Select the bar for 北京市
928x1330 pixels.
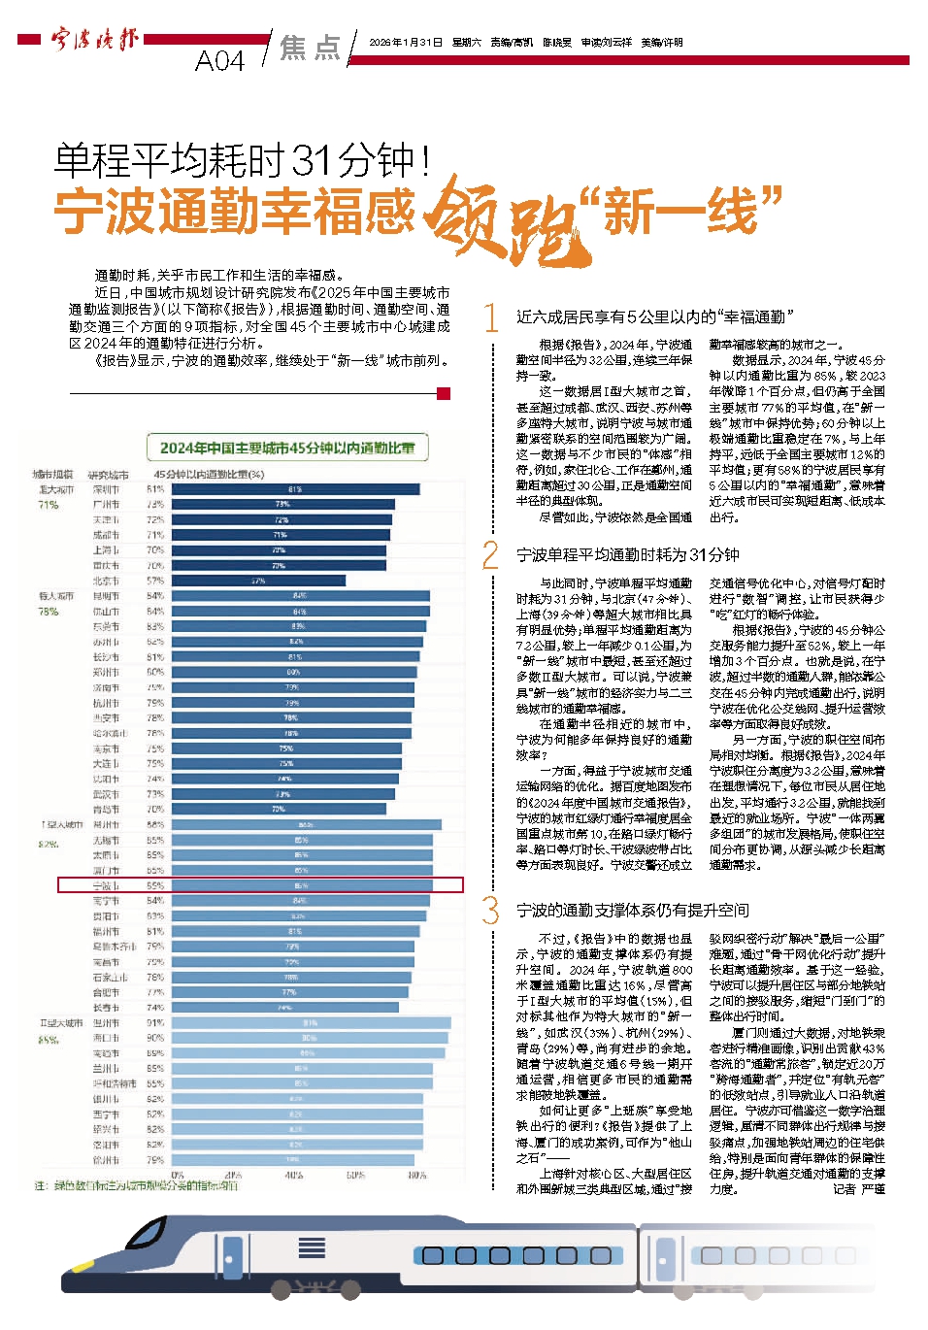257,581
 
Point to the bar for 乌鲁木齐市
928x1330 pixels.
292,947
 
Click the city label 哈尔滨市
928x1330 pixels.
109,733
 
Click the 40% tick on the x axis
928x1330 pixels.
294,1175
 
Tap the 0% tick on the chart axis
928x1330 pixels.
178,1175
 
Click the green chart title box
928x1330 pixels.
287,448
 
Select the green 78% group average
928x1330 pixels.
48,612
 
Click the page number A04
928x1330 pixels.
219,61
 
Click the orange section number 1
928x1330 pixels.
492,317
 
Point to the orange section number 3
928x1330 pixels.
491,911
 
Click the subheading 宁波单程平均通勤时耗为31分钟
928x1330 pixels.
627,555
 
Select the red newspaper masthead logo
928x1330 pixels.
94,40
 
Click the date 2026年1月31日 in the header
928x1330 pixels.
406,43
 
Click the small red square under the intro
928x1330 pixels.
444,393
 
